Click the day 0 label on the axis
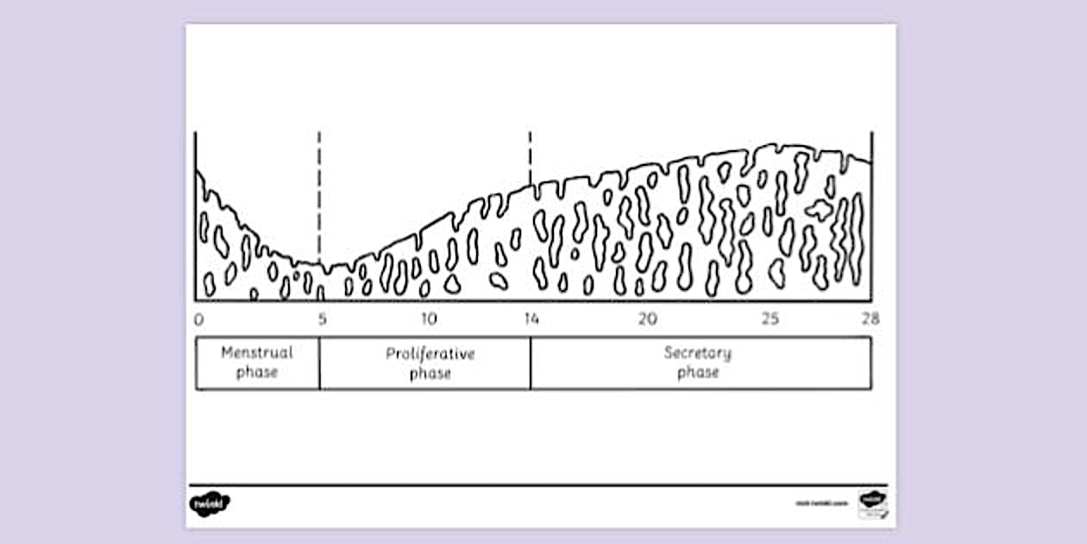click(x=199, y=319)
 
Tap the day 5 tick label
click(x=322, y=319)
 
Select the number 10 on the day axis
click(x=429, y=319)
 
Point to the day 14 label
click(x=531, y=319)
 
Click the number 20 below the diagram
click(x=648, y=319)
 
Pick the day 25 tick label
click(x=770, y=319)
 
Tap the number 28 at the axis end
click(x=870, y=319)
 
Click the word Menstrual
click(x=257, y=352)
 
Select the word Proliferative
click(x=430, y=354)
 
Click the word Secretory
click(x=698, y=352)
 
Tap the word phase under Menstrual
click(x=257, y=373)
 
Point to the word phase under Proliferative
click(x=430, y=374)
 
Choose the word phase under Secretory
click(x=698, y=373)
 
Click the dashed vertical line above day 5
click(x=319, y=190)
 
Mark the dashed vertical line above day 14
click(x=530, y=155)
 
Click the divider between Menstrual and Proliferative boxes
click(x=319, y=363)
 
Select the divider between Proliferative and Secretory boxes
click(x=531, y=363)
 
